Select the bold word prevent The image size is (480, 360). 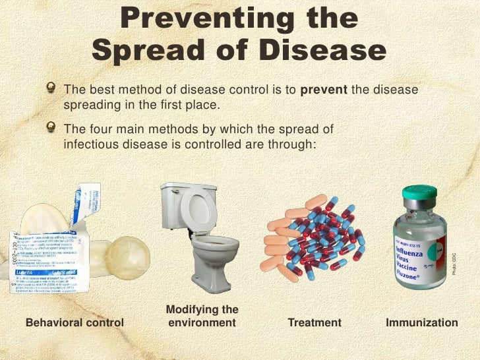point(324,90)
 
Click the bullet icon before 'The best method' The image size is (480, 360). point(51,90)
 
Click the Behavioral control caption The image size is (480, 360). point(74,322)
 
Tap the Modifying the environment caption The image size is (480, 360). point(202,316)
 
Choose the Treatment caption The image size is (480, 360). point(315,322)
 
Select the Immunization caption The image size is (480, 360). point(421,322)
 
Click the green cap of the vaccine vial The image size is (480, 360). point(419,194)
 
